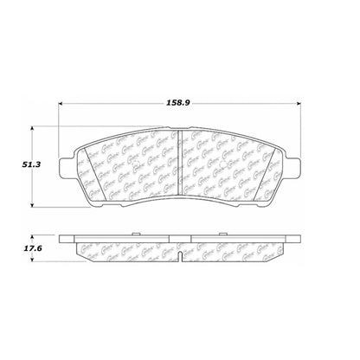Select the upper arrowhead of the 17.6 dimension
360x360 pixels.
pyautogui.click(x=34, y=235)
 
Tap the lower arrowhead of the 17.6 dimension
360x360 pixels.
pyautogui.click(x=34, y=259)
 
